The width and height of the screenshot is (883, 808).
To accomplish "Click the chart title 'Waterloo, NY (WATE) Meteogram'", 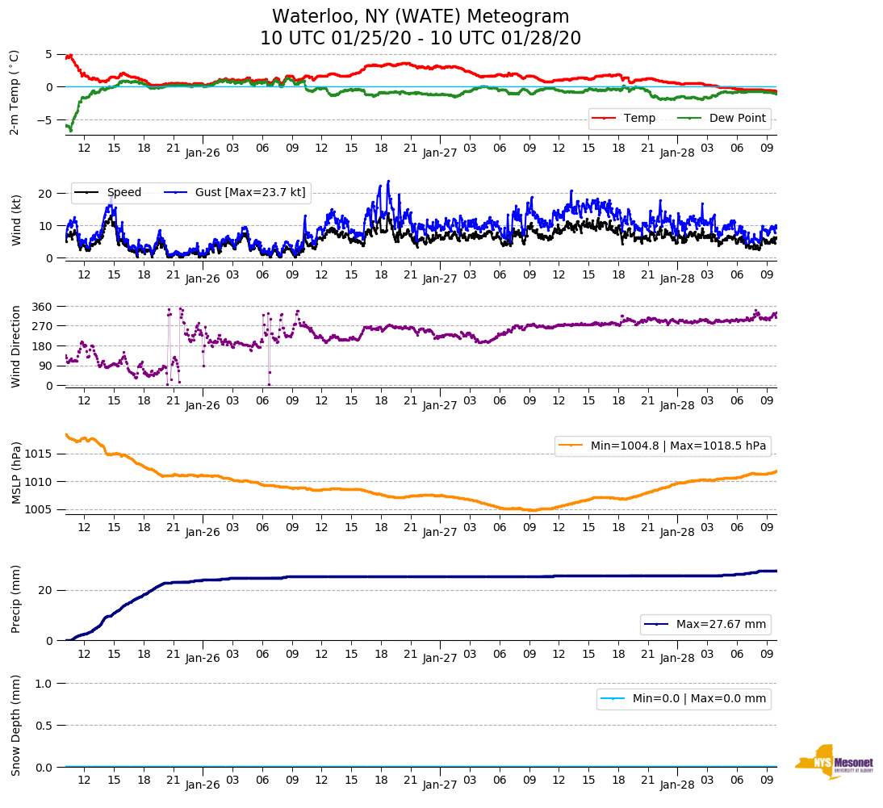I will coord(420,17).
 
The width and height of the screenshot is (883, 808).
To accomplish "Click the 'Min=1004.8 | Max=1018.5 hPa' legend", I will coord(662,446).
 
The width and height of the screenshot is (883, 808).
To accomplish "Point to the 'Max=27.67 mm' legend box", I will coord(706,625).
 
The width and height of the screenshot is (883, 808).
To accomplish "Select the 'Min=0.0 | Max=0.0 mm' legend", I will coord(684,698).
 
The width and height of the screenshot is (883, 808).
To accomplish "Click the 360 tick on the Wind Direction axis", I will coord(43,307).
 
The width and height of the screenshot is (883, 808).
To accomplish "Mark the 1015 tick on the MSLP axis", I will coord(40,454).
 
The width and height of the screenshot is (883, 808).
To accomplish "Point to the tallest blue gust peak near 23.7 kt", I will coord(388,182).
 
